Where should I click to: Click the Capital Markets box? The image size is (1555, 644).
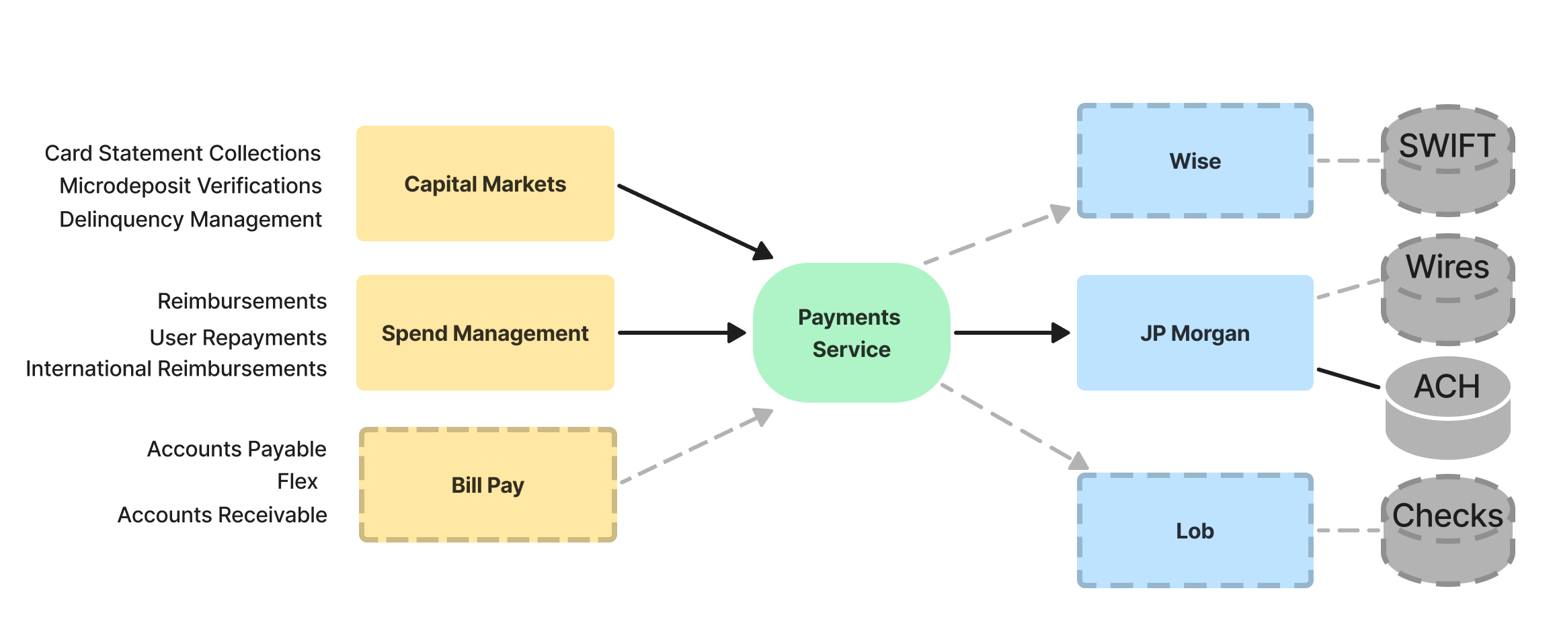[485, 184]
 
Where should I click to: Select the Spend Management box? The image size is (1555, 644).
[485, 333]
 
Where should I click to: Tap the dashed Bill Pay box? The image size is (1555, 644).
[487, 485]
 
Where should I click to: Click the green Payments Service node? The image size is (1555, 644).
[851, 333]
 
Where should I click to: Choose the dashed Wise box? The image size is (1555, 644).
[1195, 161]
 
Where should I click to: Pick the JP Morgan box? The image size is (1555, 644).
[1195, 333]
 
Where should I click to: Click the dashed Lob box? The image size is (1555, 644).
[1195, 530]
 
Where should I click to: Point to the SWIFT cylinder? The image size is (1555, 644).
[1447, 161]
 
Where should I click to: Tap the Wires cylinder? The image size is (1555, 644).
[1447, 289]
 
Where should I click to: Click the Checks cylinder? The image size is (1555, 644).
[1447, 530]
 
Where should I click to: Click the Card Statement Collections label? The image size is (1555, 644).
[183, 153]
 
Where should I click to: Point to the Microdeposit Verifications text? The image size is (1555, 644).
[190, 186]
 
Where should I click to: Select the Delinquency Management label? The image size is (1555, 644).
[190, 219]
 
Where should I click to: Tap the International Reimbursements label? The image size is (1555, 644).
[176, 368]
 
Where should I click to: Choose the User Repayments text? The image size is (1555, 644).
[238, 337]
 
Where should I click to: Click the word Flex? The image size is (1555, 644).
[297, 481]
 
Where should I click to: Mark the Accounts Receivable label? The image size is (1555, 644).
[222, 515]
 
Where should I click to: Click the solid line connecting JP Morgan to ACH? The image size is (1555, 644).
[1348, 378]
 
